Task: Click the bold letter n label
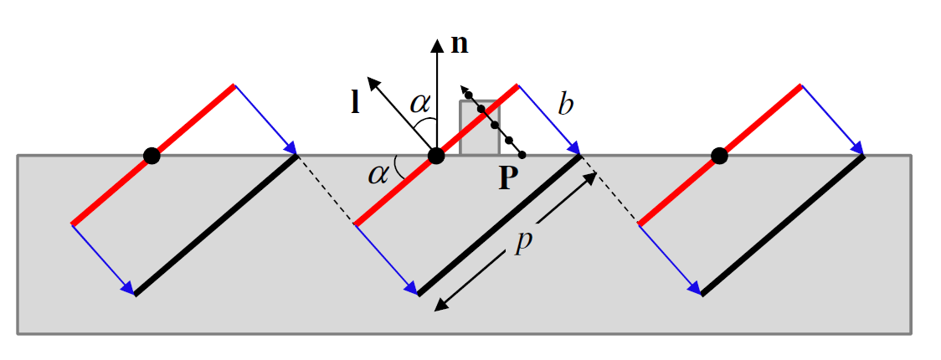pos(460,45)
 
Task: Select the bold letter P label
pos(504,179)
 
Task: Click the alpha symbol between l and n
pos(420,103)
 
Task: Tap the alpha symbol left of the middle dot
pos(380,173)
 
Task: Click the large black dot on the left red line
pos(151,155)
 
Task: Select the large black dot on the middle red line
pos(435,155)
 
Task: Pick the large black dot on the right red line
pos(718,155)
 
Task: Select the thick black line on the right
pos(783,224)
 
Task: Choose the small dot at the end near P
pos(522,155)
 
